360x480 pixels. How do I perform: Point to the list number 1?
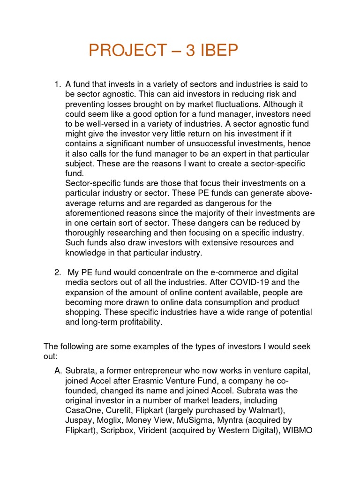57,84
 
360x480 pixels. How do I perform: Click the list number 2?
57,272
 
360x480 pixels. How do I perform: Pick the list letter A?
58,371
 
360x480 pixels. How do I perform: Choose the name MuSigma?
211,420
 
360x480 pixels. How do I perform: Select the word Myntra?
249,420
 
